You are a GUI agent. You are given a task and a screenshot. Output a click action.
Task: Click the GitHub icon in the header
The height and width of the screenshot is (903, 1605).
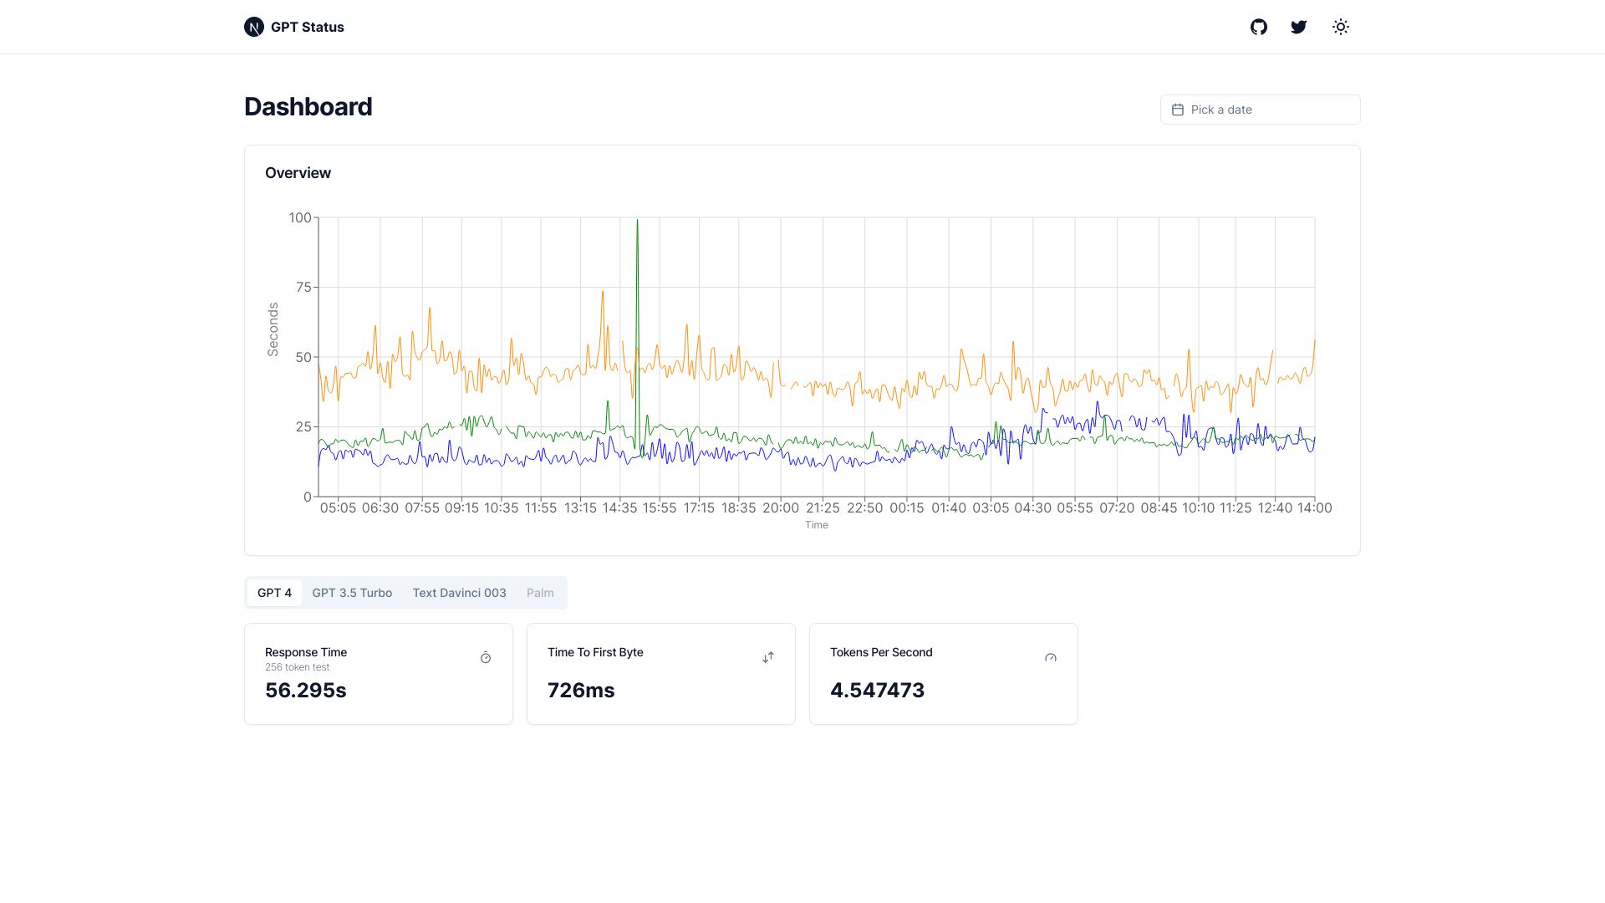(1259, 27)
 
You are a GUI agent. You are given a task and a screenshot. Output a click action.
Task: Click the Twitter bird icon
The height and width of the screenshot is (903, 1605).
(1298, 27)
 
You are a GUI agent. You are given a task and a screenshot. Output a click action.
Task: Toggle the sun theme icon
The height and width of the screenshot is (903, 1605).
(1341, 27)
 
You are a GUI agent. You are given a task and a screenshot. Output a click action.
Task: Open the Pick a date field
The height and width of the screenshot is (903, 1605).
(1260, 110)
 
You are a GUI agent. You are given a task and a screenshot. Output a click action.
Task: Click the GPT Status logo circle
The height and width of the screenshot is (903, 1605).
(254, 27)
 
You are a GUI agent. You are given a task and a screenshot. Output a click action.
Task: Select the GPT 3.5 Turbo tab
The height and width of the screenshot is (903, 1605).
(352, 593)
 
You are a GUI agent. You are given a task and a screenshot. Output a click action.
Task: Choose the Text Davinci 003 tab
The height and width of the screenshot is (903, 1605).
(459, 593)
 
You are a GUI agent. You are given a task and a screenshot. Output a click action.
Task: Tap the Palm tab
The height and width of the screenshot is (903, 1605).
(540, 593)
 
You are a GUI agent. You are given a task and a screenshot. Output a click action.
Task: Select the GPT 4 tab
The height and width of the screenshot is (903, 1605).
(274, 593)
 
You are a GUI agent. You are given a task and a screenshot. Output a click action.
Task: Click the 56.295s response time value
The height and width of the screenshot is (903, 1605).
(306, 691)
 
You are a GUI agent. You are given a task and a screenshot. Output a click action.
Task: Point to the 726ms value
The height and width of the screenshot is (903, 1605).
(581, 691)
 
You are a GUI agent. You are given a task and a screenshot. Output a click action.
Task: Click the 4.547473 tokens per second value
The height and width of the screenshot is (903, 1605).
(877, 691)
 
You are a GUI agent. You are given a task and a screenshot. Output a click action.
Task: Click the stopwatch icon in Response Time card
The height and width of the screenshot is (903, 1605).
(486, 658)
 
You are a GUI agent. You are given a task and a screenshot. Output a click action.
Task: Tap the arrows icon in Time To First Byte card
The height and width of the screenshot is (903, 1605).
(768, 658)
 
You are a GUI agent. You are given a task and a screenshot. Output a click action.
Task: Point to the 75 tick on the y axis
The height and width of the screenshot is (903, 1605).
(303, 288)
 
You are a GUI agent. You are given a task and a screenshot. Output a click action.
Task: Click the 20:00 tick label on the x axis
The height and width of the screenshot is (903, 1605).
(781, 508)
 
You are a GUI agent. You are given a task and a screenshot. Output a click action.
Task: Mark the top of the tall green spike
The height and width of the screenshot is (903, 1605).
(637, 221)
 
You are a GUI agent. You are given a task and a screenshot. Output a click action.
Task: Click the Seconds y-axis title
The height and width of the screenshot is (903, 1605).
(273, 329)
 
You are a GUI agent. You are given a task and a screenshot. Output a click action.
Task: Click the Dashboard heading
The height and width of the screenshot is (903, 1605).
(308, 107)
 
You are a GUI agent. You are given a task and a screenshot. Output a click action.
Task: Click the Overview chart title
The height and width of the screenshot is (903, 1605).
(298, 173)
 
